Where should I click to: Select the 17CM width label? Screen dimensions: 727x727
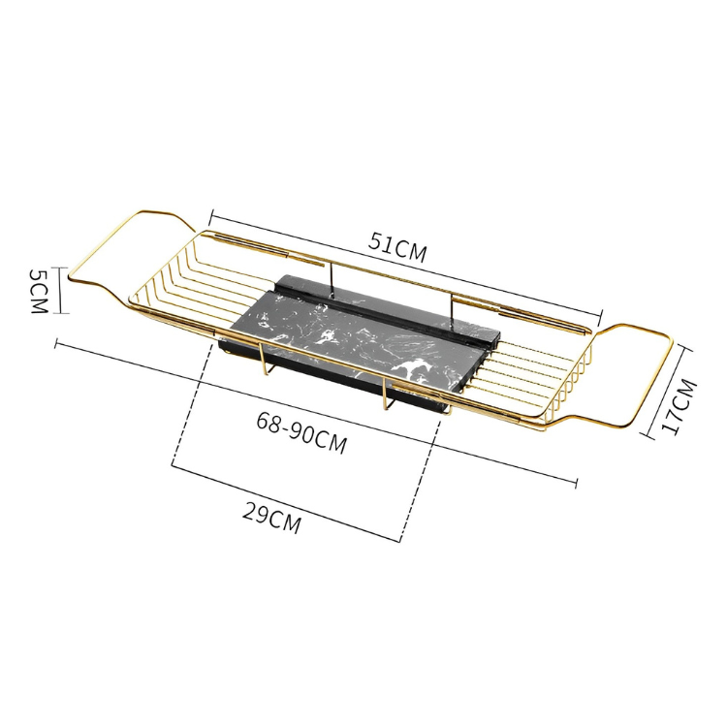point(680,407)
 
